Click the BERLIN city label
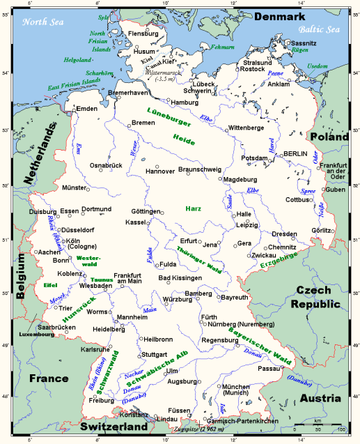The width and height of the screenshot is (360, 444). (x=295, y=153)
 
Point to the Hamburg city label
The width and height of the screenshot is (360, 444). (x=185, y=102)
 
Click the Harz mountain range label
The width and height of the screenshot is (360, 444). (x=194, y=208)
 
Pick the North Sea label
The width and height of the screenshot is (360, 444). (x=44, y=21)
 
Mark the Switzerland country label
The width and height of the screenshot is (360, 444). (x=112, y=426)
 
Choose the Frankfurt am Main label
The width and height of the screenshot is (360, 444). (x=132, y=279)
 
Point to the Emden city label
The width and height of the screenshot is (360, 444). (x=87, y=109)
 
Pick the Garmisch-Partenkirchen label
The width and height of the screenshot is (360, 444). (x=243, y=422)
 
